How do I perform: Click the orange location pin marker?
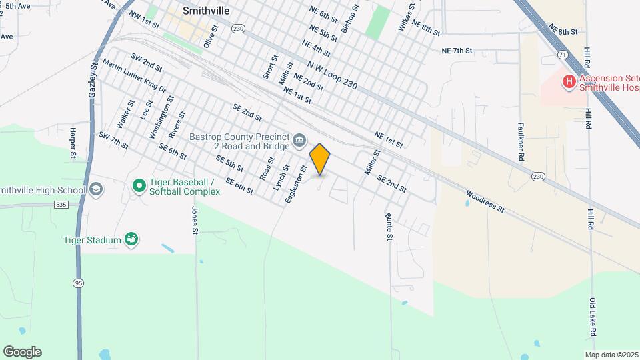(320, 159)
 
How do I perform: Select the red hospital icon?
(569, 82)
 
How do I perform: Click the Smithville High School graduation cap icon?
(96, 190)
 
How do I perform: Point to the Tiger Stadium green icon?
(131, 240)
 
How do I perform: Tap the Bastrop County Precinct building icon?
(299, 140)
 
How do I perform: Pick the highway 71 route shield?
(563, 53)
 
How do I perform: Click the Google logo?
(22, 352)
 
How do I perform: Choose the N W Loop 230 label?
(334, 77)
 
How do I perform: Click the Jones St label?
(195, 221)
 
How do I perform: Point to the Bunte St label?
(389, 226)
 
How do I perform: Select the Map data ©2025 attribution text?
(611, 355)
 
